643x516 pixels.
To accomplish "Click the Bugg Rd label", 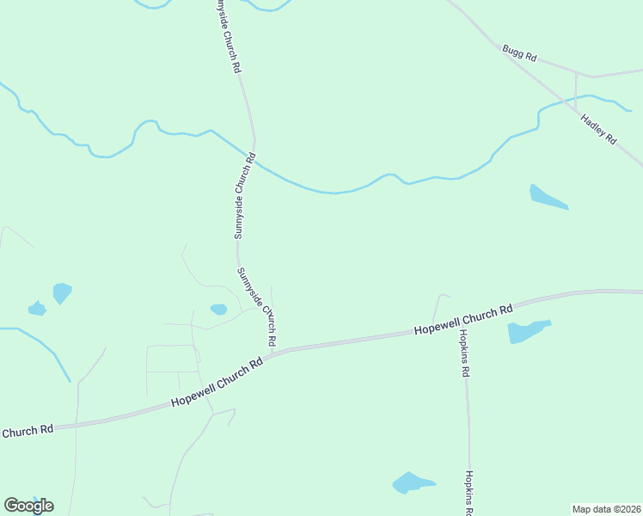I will pyautogui.click(x=520, y=53).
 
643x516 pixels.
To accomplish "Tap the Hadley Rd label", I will pyautogui.click(x=599, y=128).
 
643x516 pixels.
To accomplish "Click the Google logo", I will pyautogui.click(x=28, y=506).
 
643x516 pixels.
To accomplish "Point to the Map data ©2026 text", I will pyautogui.click(x=606, y=509).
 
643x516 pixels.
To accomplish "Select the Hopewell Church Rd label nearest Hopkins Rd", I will pyautogui.click(x=462, y=319).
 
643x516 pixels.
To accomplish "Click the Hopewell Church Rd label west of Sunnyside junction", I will pyautogui.click(x=217, y=384).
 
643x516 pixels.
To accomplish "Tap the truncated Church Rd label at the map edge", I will pyautogui.click(x=28, y=430).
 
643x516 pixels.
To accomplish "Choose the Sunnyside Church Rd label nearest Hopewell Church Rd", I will pyautogui.click(x=257, y=307).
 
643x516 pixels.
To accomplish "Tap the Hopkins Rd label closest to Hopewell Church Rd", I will pyautogui.click(x=464, y=353).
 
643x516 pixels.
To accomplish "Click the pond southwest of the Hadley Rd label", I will pyautogui.click(x=547, y=198).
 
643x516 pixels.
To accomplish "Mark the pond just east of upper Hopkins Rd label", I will pyautogui.click(x=526, y=330).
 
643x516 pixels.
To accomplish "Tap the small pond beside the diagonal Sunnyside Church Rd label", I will pyautogui.click(x=218, y=309).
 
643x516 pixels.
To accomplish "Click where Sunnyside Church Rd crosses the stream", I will pyautogui.click(x=255, y=157).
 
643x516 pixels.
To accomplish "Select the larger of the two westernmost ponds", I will pyautogui.click(x=62, y=292).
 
